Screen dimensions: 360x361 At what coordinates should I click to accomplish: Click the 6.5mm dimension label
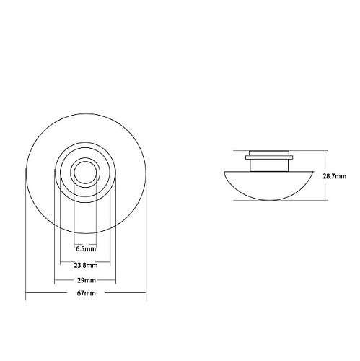[86, 249]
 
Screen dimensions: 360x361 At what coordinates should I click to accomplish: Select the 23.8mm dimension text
[86, 266]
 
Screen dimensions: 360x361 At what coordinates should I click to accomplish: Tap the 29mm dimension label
[87, 280]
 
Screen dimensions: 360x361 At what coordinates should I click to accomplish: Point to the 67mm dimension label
[87, 293]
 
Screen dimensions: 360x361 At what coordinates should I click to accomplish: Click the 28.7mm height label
[335, 176]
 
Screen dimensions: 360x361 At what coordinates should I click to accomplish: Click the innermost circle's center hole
[85, 173]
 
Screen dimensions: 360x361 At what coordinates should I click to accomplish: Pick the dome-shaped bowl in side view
[268, 186]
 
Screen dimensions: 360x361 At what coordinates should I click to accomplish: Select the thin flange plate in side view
[269, 157]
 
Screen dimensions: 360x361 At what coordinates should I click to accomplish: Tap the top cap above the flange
[269, 153]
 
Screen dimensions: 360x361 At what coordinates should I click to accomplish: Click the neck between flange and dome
[269, 165]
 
